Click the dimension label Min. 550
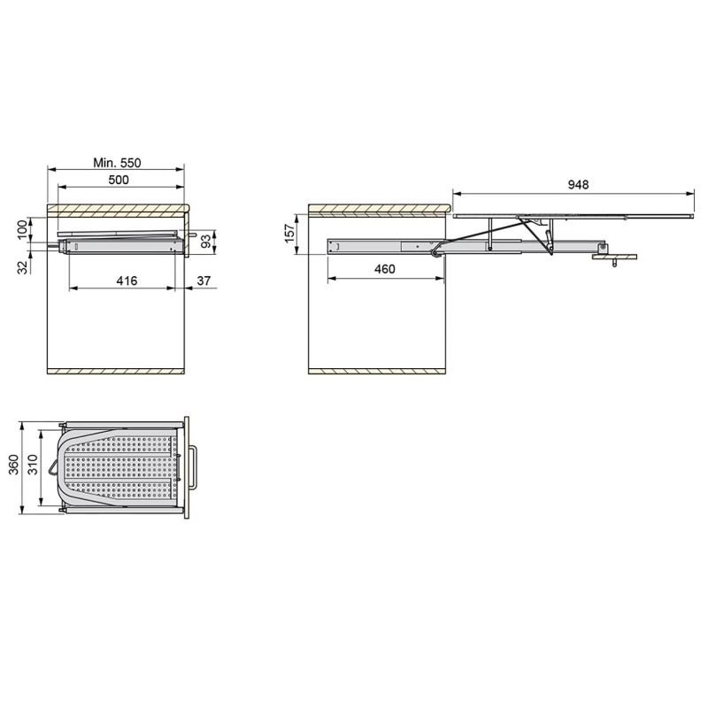point(117,163)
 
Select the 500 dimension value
point(119,181)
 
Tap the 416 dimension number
point(126,281)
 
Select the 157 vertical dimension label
point(289,234)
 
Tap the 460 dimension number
point(385,270)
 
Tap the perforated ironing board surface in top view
point(124,466)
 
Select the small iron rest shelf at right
point(614,258)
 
